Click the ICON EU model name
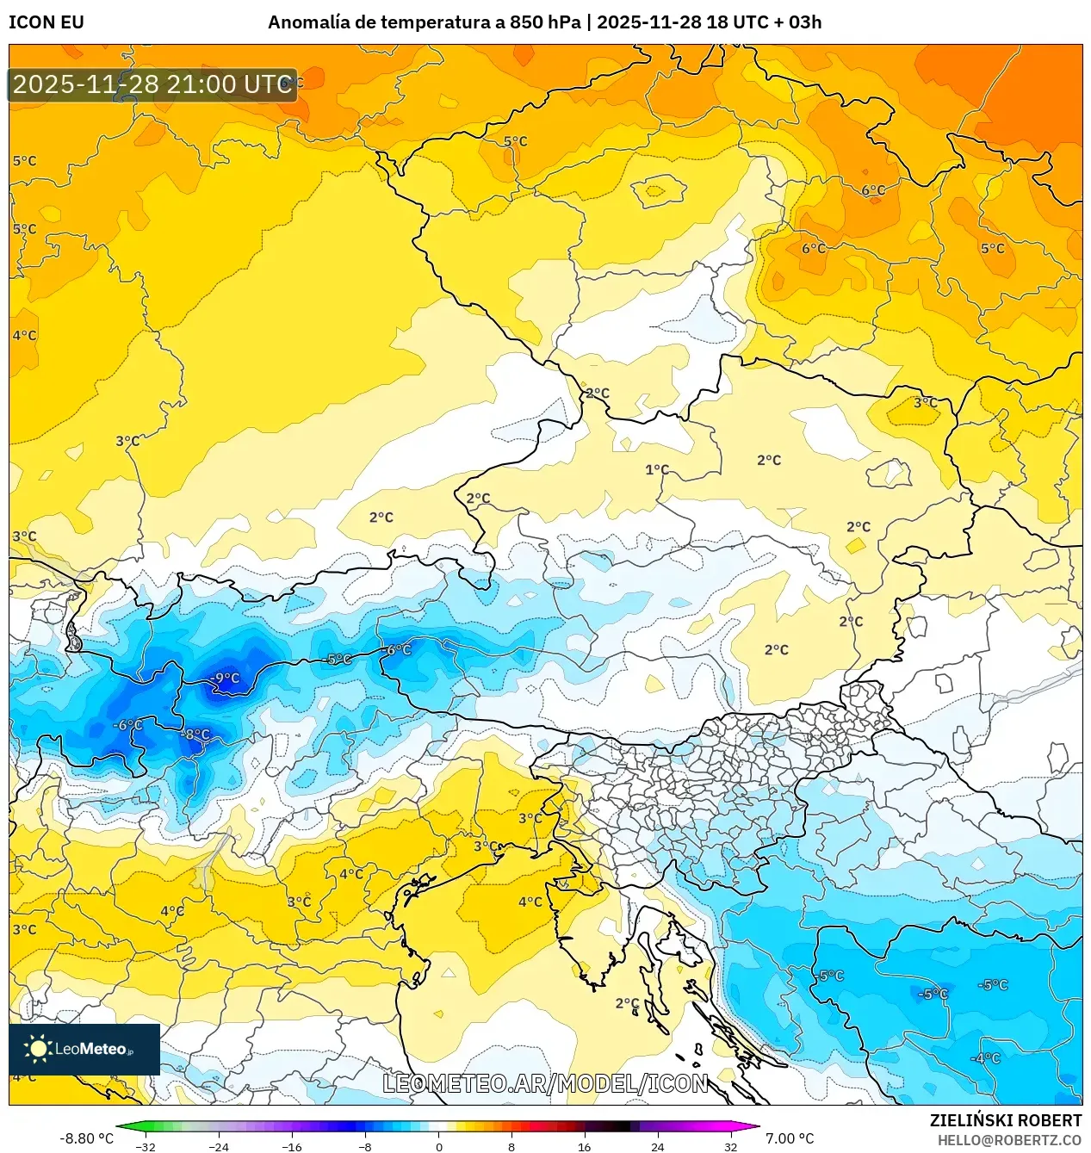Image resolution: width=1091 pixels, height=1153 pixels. pyautogui.click(x=46, y=22)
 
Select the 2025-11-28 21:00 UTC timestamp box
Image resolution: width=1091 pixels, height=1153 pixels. pyautogui.click(x=152, y=84)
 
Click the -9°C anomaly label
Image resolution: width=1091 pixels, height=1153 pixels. pyautogui.click(x=225, y=679)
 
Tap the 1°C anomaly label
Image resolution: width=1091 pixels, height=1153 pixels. pyautogui.click(x=657, y=469)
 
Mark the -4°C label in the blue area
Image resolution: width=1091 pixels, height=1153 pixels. pyautogui.click(x=985, y=1058)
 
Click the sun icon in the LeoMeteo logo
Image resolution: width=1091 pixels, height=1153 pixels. pyautogui.click(x=38, y=1048)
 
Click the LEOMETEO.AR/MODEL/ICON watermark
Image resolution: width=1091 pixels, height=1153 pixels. pyautogui.click(x=545, y=1083)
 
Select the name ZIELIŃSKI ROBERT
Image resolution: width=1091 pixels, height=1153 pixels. pyautogui.click(x=1005, y=1120)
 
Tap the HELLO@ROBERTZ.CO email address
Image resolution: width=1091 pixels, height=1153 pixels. pyautogui.click(x=1009, y=1140)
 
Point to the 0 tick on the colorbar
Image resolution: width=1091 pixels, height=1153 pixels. pyautogui.click(x=439, y=1146)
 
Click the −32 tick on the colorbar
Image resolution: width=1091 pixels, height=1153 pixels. pyautogui.click(x=146, y=1146)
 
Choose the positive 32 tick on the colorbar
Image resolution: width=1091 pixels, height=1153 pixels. pyautogui.click(x=730, y=1146)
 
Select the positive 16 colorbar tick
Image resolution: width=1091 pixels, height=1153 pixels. pyautogui.click(x=585, y=1146)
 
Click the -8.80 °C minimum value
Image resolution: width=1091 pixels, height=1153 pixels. pyautogui.click(x=86, y=1138)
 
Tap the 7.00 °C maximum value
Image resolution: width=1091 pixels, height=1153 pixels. pyautogui.click(x=790, y=1138)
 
